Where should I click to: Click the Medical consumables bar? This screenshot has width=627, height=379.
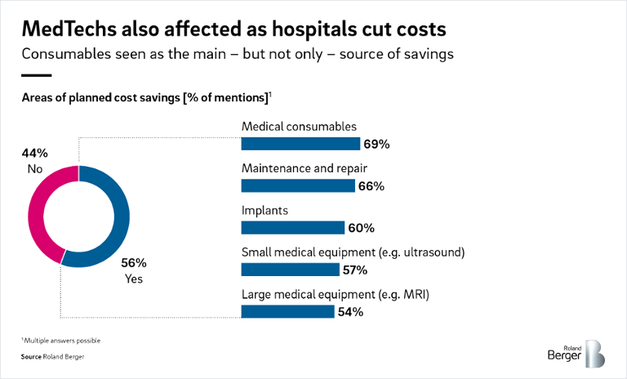[x=300, y=145]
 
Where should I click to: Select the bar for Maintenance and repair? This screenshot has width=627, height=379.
[x=298, y=186]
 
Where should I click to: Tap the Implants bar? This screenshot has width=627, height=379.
[x=293, y=228]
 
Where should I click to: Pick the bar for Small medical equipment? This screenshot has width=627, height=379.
[x=290, y=270]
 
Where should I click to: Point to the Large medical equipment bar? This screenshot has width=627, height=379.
[x=287, y=311]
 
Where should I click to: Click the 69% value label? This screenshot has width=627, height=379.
[x=377, y=145]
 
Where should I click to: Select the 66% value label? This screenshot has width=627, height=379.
[x=371, y=186]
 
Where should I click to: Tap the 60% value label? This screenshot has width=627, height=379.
[x=361, y=228]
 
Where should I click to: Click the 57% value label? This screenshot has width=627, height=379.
[x=354, y=270]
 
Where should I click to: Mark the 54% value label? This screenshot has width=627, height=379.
[x=349, y=311]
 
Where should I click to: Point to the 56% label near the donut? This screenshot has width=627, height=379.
[x=134, y=263]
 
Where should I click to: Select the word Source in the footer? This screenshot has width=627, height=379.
[x=32, y=357]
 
